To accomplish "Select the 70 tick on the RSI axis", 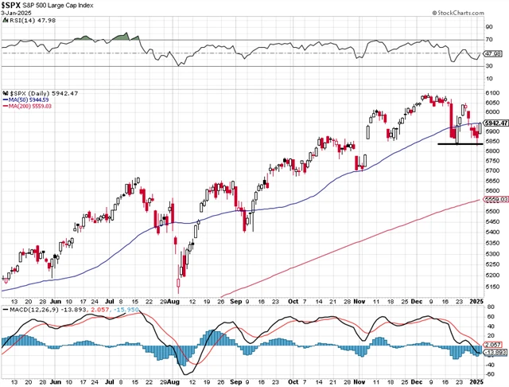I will pyautogui.click(x=490, y=39).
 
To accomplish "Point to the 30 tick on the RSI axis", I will pyautogui.click(x=490, y=66).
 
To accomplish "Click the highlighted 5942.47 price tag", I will pyautogui.click(x=495, y=123).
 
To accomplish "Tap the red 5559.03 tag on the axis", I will pyautogui.click(x=495, y=200).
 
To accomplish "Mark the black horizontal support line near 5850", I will pyautogui.click(x=460, y=144).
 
